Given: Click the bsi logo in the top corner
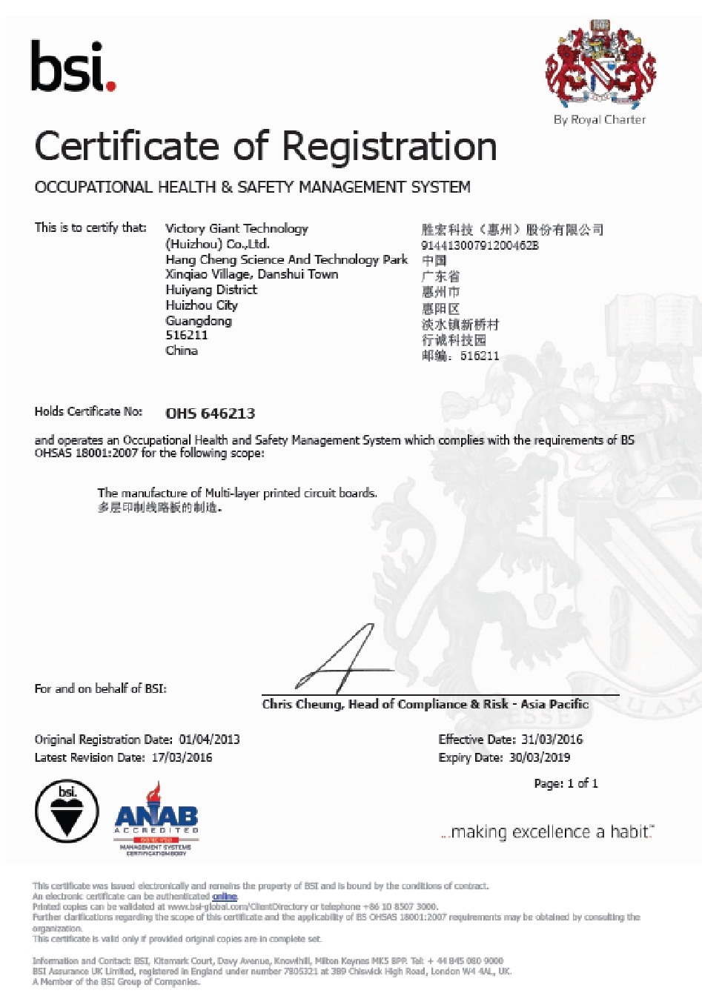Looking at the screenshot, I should tap(73, 67).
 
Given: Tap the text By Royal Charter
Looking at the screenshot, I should tap(600, 120).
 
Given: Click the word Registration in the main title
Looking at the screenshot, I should tap(390, 146).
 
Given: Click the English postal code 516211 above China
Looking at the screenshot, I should tap(187, 336).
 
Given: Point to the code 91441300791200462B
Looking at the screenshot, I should tap(480, 245).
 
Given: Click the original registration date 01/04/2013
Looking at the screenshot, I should tap(209, 740).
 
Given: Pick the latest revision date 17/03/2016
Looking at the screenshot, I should tap(182, 757).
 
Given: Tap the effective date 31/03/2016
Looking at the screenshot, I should tap(552, 740).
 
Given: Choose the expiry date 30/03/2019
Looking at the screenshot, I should tap(540, 757).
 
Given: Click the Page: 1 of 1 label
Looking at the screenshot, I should tap(566, 783).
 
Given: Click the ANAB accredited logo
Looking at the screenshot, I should tap(156, 819).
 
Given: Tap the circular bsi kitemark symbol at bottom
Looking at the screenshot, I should tap(67, 811).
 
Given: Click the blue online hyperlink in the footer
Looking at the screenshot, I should tap(225, 897).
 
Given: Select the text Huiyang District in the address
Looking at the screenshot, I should tap(211, 290).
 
